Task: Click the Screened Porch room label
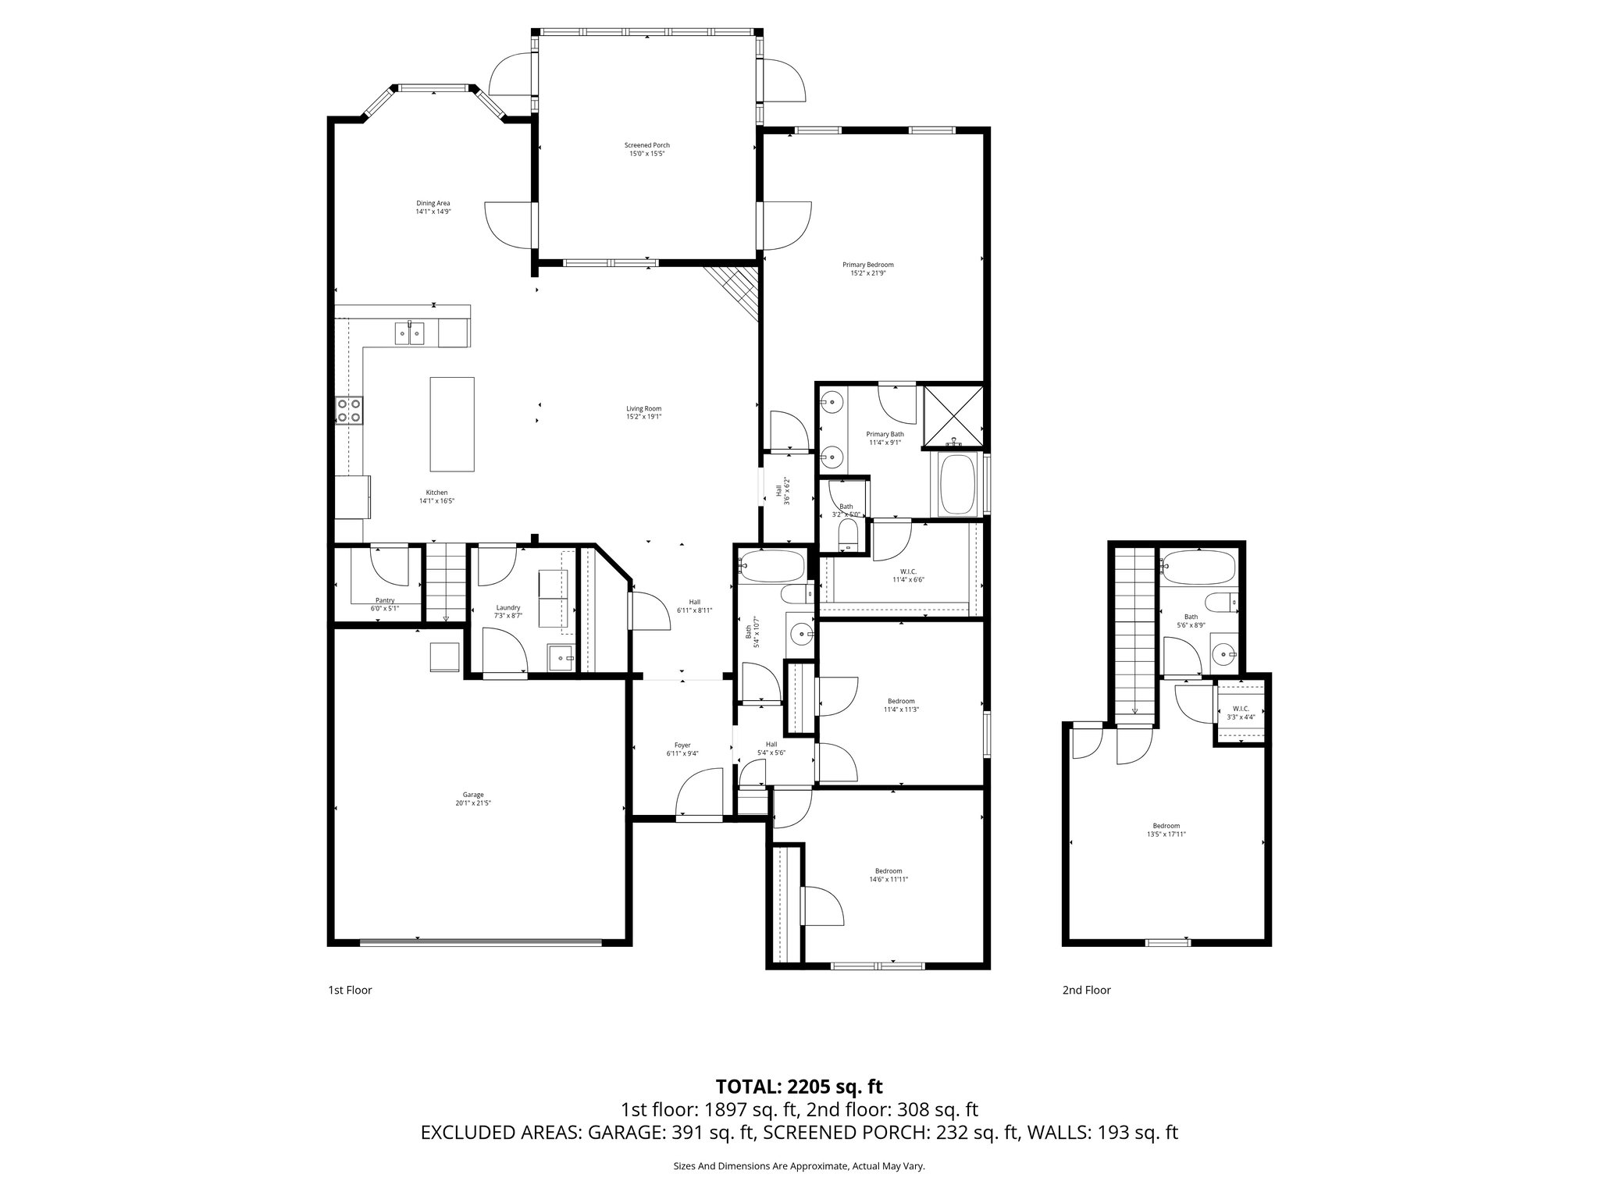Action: click(646, 145)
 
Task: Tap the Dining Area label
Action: click(433, 204)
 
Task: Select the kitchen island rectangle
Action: click(452, 424)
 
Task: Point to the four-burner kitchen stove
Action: click(349, 410)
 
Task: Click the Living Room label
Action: click(643, 409)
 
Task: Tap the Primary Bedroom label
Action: click(867, 265)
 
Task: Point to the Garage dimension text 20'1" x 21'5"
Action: click(472, 803)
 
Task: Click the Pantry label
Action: click(385, 600)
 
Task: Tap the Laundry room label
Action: click(508, 608)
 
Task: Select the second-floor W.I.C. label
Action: click(1241, 709)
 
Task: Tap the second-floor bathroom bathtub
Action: click(1197, 568)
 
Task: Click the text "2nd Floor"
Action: click(1085, 990)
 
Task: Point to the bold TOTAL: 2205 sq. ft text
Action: click(799, 1086)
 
